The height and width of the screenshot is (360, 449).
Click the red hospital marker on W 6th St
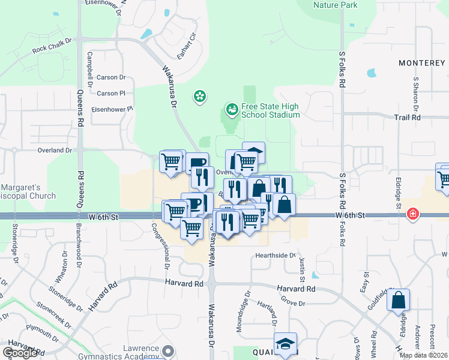point(412,214)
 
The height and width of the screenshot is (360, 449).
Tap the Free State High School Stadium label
point(270,110)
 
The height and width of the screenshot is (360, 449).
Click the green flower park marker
point(199,95)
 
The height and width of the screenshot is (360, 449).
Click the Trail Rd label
point(408,118)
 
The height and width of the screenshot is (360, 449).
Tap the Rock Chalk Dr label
point(52,49)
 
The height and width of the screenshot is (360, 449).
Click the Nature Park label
point(335,5)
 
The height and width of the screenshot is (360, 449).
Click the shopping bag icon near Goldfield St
point(399,299)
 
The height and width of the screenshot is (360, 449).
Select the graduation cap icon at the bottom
point(286,344)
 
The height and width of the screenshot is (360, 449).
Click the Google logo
point(20,352)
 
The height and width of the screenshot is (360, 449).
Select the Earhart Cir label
point(187,46)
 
